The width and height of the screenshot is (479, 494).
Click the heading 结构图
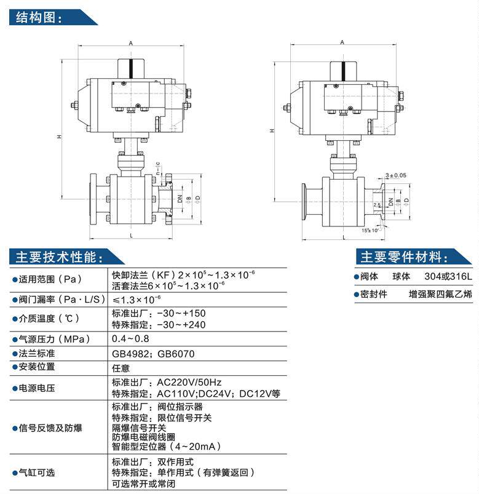pos(38,17)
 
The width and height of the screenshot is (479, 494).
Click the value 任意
pos(121,368)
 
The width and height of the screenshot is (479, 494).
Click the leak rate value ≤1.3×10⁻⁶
pos(136,300)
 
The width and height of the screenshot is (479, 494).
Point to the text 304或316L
pos(448,277)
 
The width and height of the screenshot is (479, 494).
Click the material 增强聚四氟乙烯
pos(440,295)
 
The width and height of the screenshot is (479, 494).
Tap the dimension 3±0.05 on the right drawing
pos(395,175)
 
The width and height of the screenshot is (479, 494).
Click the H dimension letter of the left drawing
pos(59,137)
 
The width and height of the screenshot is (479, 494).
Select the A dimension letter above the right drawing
pos(341,42)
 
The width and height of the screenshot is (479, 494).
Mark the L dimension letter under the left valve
pos(132,235)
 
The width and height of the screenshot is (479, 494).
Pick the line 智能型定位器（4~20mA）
pos(166,447)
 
